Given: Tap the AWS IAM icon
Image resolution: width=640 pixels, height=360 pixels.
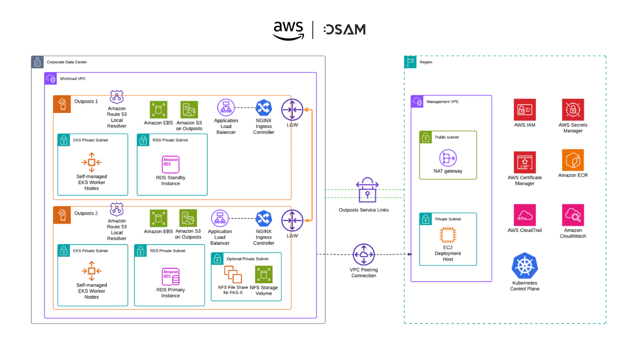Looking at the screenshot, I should pyautogui.click(x=524, y=110).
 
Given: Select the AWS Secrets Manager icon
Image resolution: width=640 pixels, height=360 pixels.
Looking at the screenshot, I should pyautogui.click(x=573, y=110).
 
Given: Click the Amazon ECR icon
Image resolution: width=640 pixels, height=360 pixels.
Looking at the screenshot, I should pyautogui.click(x=573, y=160).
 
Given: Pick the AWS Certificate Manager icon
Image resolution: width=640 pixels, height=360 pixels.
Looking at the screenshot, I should pyautogui.click(x=524, y=162).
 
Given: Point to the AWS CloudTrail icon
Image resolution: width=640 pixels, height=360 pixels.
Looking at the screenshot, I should pyautogui.click(x=524, y=215).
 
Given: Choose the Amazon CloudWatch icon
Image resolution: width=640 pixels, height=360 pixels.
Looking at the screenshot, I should pyautogui.click(x=573, y=215).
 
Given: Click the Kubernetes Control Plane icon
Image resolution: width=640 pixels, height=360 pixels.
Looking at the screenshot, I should pyautogui.click(x=524, y=265).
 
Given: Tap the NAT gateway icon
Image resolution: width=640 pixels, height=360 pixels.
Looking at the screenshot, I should pyautogui.click(x=448, y=158).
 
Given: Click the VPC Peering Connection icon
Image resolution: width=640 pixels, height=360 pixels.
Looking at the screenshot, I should pyautogui.click(x=364, y=255).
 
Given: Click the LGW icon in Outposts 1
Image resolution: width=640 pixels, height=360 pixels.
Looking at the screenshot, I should pyautogui.click(x=292, y=110).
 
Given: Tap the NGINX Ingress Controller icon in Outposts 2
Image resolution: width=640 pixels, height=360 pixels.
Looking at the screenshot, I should pyautogui.click(x=264, y=219).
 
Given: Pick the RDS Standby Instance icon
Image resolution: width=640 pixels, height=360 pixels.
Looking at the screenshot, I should pyautogui.click(x=171, y=165).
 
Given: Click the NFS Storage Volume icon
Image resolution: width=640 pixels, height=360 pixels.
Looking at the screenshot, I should pyautogui.click(x=264, y=275).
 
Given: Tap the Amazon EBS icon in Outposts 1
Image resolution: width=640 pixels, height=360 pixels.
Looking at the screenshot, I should pyautogui.click(x=158, y=110).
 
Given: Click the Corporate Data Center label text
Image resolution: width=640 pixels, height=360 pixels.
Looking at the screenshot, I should pyautogui.click(x=67, y=62).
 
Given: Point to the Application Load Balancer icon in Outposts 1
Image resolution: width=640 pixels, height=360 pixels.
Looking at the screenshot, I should pyautogui.click(x=226, y=107).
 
